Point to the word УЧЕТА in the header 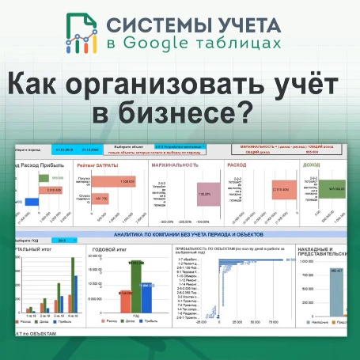(267, 23)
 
